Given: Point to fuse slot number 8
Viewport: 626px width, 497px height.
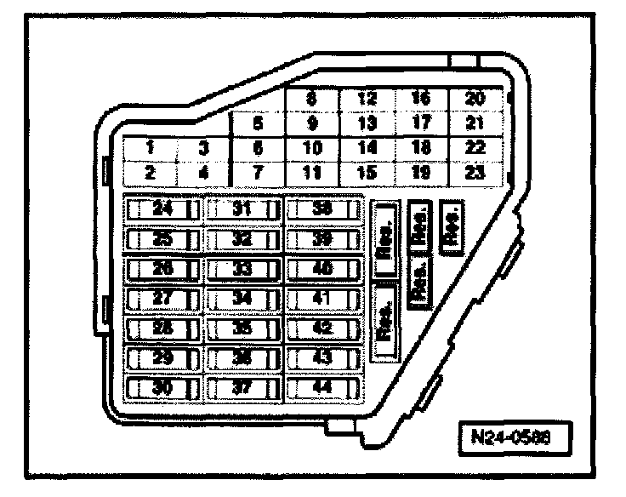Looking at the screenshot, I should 312,99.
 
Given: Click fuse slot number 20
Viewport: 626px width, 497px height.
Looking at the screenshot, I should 475,99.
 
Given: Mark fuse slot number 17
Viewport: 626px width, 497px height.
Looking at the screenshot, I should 421,123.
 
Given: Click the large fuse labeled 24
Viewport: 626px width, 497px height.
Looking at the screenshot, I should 162,209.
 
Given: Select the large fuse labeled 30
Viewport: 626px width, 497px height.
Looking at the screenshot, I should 162,388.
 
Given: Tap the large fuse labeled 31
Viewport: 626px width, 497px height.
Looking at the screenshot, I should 243,209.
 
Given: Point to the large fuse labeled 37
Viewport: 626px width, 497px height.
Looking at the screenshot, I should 243,388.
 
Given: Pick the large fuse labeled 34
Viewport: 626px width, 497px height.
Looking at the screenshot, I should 243,299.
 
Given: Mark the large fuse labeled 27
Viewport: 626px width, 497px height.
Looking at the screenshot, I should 162,299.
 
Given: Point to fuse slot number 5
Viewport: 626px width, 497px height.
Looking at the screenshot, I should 257,123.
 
